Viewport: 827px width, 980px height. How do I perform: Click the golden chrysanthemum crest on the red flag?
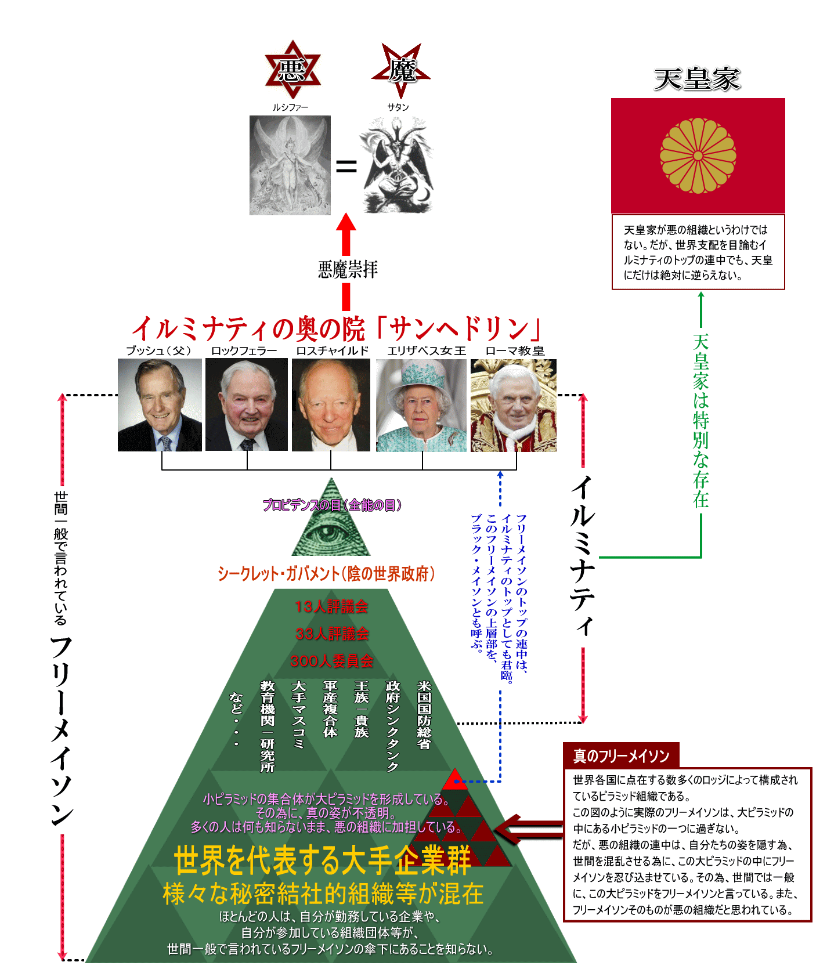[698, 156]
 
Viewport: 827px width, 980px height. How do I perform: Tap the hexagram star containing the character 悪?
[292, 70]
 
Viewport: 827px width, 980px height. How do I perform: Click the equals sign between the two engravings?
[346, 167]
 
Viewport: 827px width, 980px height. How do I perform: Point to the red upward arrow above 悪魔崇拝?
[346, 232]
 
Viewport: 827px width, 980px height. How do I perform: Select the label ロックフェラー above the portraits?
[244, 350]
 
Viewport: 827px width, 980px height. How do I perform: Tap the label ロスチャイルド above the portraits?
[332, 350]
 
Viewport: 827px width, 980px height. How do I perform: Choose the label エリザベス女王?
[427, 350]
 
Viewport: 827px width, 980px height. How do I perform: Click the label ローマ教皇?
[515, 350]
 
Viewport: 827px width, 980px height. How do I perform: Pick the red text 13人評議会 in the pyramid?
[331, 606]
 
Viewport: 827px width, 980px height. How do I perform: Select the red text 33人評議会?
[332, 634]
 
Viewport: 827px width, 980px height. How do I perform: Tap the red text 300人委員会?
[332, 661]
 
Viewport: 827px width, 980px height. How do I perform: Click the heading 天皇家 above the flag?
[697, 79]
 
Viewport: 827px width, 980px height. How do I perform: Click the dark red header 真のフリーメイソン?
[621, 756]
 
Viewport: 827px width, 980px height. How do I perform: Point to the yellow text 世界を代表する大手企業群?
[322, 860]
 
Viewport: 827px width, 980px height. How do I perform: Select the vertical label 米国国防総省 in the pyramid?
[424, 715]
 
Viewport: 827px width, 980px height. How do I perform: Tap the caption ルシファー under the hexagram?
[290, 107]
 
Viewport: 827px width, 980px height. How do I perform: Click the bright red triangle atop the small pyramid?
[456, 779]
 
